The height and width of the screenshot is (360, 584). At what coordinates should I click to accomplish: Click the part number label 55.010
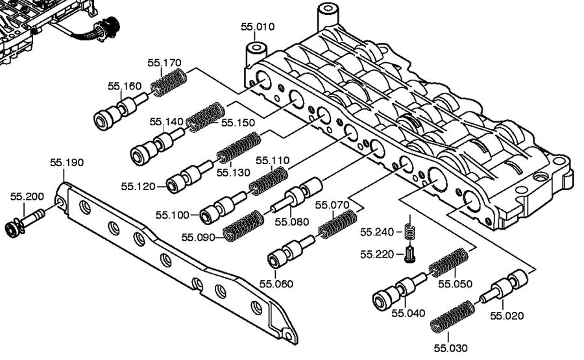tap(258, 27)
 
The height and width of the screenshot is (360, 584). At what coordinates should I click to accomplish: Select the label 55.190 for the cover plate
tap(67, 162)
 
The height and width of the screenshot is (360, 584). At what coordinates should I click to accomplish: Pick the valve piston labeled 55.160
tap(121, 111)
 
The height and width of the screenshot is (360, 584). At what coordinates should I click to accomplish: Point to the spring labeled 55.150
tap(206, 115)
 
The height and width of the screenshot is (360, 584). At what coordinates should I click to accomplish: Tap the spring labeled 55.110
tap(269, 180)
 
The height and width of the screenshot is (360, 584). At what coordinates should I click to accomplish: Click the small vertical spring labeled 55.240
tap(409, 230)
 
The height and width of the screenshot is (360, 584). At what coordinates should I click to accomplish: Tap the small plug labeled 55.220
tap(409, 254)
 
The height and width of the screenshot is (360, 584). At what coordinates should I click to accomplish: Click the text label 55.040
tap(408, 313)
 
